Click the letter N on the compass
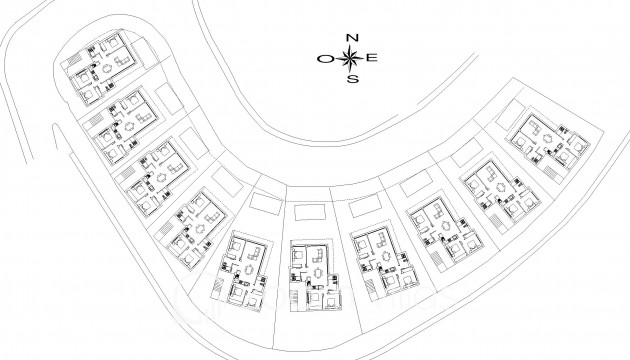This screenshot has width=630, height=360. click(x=351, y=38)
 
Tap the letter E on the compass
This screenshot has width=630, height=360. click(x=372, y=58)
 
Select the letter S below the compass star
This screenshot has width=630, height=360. click(x=351, y=79)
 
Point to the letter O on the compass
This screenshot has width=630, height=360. click(x=326, y=59)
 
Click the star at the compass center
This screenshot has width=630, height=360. click(x=351, y=58)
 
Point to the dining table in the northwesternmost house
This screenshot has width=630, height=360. click(x=106, y=69)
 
